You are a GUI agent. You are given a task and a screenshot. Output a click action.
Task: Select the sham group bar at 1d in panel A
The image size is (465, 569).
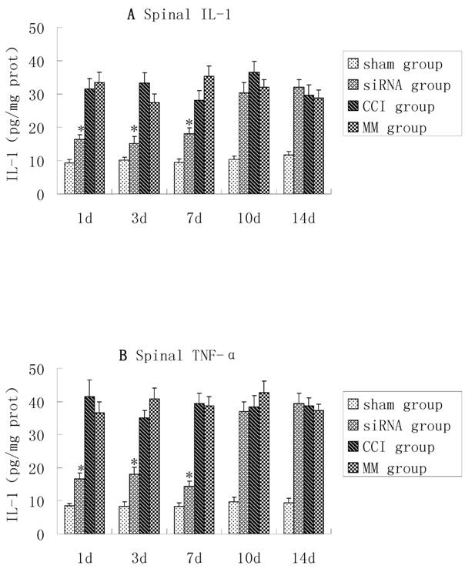click(69, 178)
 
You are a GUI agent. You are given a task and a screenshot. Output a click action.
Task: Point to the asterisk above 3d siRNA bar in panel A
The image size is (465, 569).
click(134, 129)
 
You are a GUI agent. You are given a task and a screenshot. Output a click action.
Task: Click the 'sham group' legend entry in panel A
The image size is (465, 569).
click(394, 63)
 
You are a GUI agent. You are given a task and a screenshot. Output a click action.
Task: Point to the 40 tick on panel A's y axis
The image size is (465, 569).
click(45, 62)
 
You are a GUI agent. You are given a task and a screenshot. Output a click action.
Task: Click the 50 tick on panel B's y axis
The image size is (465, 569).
click(45, 370)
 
